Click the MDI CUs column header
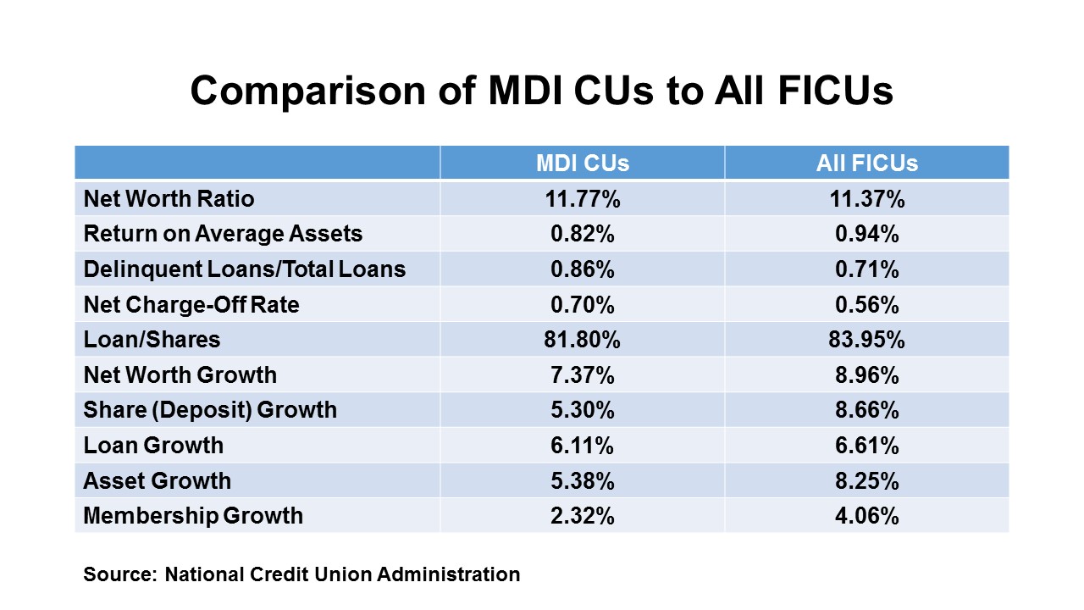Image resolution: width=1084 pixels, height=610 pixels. pos(583,164)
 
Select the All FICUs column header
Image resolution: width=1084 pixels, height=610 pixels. pos(866,164)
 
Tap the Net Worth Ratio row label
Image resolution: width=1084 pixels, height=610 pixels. pos(169,199)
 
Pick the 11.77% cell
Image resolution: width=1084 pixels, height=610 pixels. pos(583,199)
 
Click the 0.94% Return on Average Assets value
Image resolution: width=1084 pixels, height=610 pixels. pos(866,235)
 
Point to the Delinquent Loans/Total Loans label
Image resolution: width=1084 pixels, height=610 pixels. pos(244,269)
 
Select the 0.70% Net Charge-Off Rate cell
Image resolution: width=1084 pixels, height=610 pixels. pos(583,305)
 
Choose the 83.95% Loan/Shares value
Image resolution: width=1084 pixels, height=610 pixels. pos(866,340)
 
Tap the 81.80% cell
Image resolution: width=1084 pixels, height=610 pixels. pos(583,340)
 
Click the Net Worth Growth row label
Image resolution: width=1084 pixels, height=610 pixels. pos(180,375)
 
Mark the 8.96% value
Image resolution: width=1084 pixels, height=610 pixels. pos(866,375)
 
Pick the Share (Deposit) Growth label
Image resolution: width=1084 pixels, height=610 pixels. pos(210,410)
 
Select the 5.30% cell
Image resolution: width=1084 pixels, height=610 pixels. pos(583,410)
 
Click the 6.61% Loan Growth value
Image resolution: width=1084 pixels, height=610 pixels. pos(866,446)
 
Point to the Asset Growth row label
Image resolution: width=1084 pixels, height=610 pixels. pos(157,480)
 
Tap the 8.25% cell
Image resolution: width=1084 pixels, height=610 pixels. pos(866,480)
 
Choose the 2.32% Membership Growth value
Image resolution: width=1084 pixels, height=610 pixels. pos(583,515)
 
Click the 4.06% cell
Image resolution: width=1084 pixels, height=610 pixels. pos(866,515)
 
